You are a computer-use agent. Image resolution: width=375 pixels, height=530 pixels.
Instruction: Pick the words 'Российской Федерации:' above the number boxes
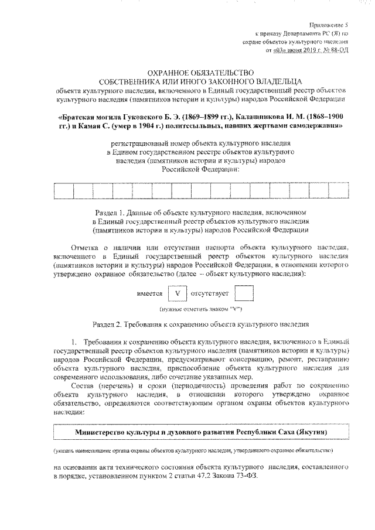click(x=200, y=169)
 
